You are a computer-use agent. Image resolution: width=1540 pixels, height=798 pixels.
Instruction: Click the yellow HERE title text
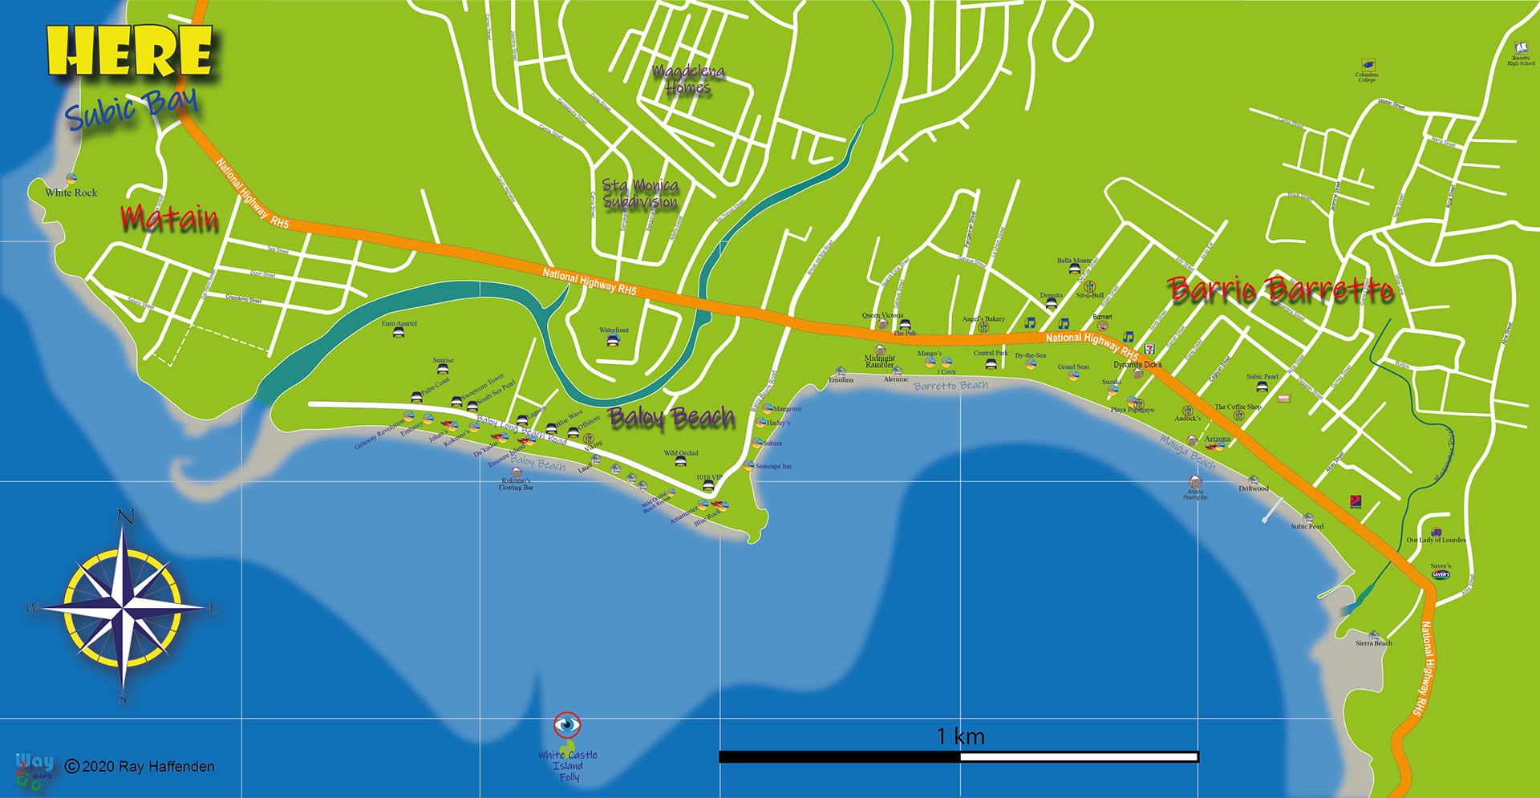pyautogui.click(x=130, y=51)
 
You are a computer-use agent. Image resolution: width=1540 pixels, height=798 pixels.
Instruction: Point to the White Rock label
pyautogui.click(x=71, y=192)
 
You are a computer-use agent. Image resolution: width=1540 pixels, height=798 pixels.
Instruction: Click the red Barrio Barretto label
pyautogui.click(x=1280, y=290)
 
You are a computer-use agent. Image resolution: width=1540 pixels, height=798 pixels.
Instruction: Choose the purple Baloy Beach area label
pyautogui.click(x=671, y=417)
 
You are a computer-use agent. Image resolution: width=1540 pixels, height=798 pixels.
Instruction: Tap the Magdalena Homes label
pyautogui.click(x=688, y=79)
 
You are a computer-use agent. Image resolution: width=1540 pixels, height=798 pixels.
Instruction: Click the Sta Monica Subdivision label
pyautogui.click(x=640, y=194)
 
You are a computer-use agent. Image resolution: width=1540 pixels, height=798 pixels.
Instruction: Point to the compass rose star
pyautogui.click(x=124, y=607)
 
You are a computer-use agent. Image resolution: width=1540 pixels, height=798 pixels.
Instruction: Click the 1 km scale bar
pyautogui.click(x=958, y=756)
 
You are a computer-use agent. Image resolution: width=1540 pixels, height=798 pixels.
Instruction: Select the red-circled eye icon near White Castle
pyautogui.click(x=567, y=725)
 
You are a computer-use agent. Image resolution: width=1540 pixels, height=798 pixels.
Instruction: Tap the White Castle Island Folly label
pyautogui.click(x=568, y=766)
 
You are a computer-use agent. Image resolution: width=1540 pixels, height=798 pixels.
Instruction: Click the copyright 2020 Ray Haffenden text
pyautogui.click(x=140, y=767)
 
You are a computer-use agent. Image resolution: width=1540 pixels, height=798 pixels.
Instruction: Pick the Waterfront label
pyautogui.click(x=614, y=330)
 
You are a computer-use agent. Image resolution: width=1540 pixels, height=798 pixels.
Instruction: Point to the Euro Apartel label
pyautogui.click(x=399, y=323)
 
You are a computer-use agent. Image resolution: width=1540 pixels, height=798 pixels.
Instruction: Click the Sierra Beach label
pyautogui.click(x=1374, y=643)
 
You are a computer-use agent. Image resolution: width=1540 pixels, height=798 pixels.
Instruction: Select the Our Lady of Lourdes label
pyautogui.click(x=1437, y=540)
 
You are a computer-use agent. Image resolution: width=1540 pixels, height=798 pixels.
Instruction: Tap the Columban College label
pyautogui.click(x=1367, y=77)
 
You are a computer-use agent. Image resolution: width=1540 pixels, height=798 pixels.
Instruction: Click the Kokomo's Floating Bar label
pyautogui.click(x=516, y=484)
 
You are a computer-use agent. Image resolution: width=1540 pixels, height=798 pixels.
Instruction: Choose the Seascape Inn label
pyautogui.click(x=773, y=466)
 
